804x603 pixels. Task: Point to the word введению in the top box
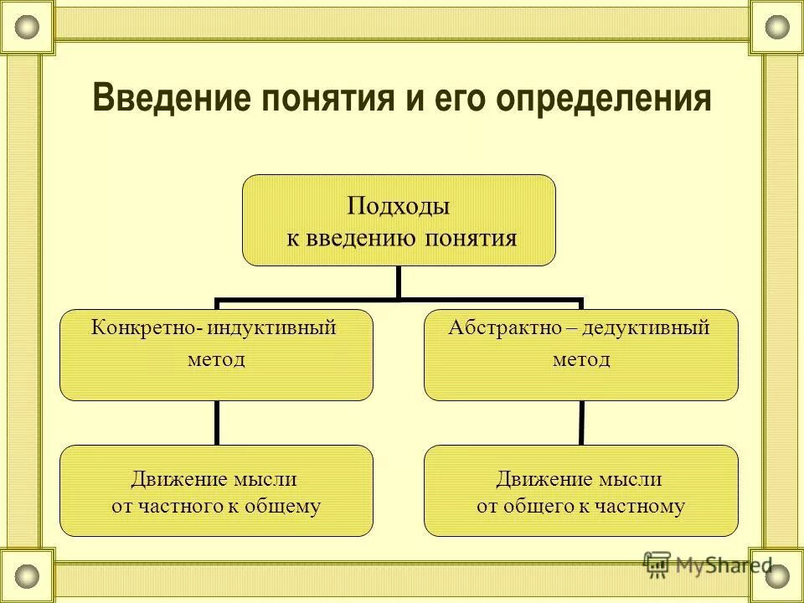[x=365, y=239]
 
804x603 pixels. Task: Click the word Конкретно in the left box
[x=143, y=327]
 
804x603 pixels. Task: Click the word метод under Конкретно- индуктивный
[x=216, y=360]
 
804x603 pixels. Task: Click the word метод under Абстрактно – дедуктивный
[x=580, y=360]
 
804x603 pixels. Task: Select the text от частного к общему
[x=216, y=506]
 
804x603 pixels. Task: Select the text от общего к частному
[x=580, y=506]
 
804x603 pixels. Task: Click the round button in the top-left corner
[x=28, y=27]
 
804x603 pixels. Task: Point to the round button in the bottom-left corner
[x=28, y=575]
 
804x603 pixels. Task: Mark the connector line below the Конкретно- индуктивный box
[x=216, y=422]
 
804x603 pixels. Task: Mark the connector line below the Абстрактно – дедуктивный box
[x=580, y=422]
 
